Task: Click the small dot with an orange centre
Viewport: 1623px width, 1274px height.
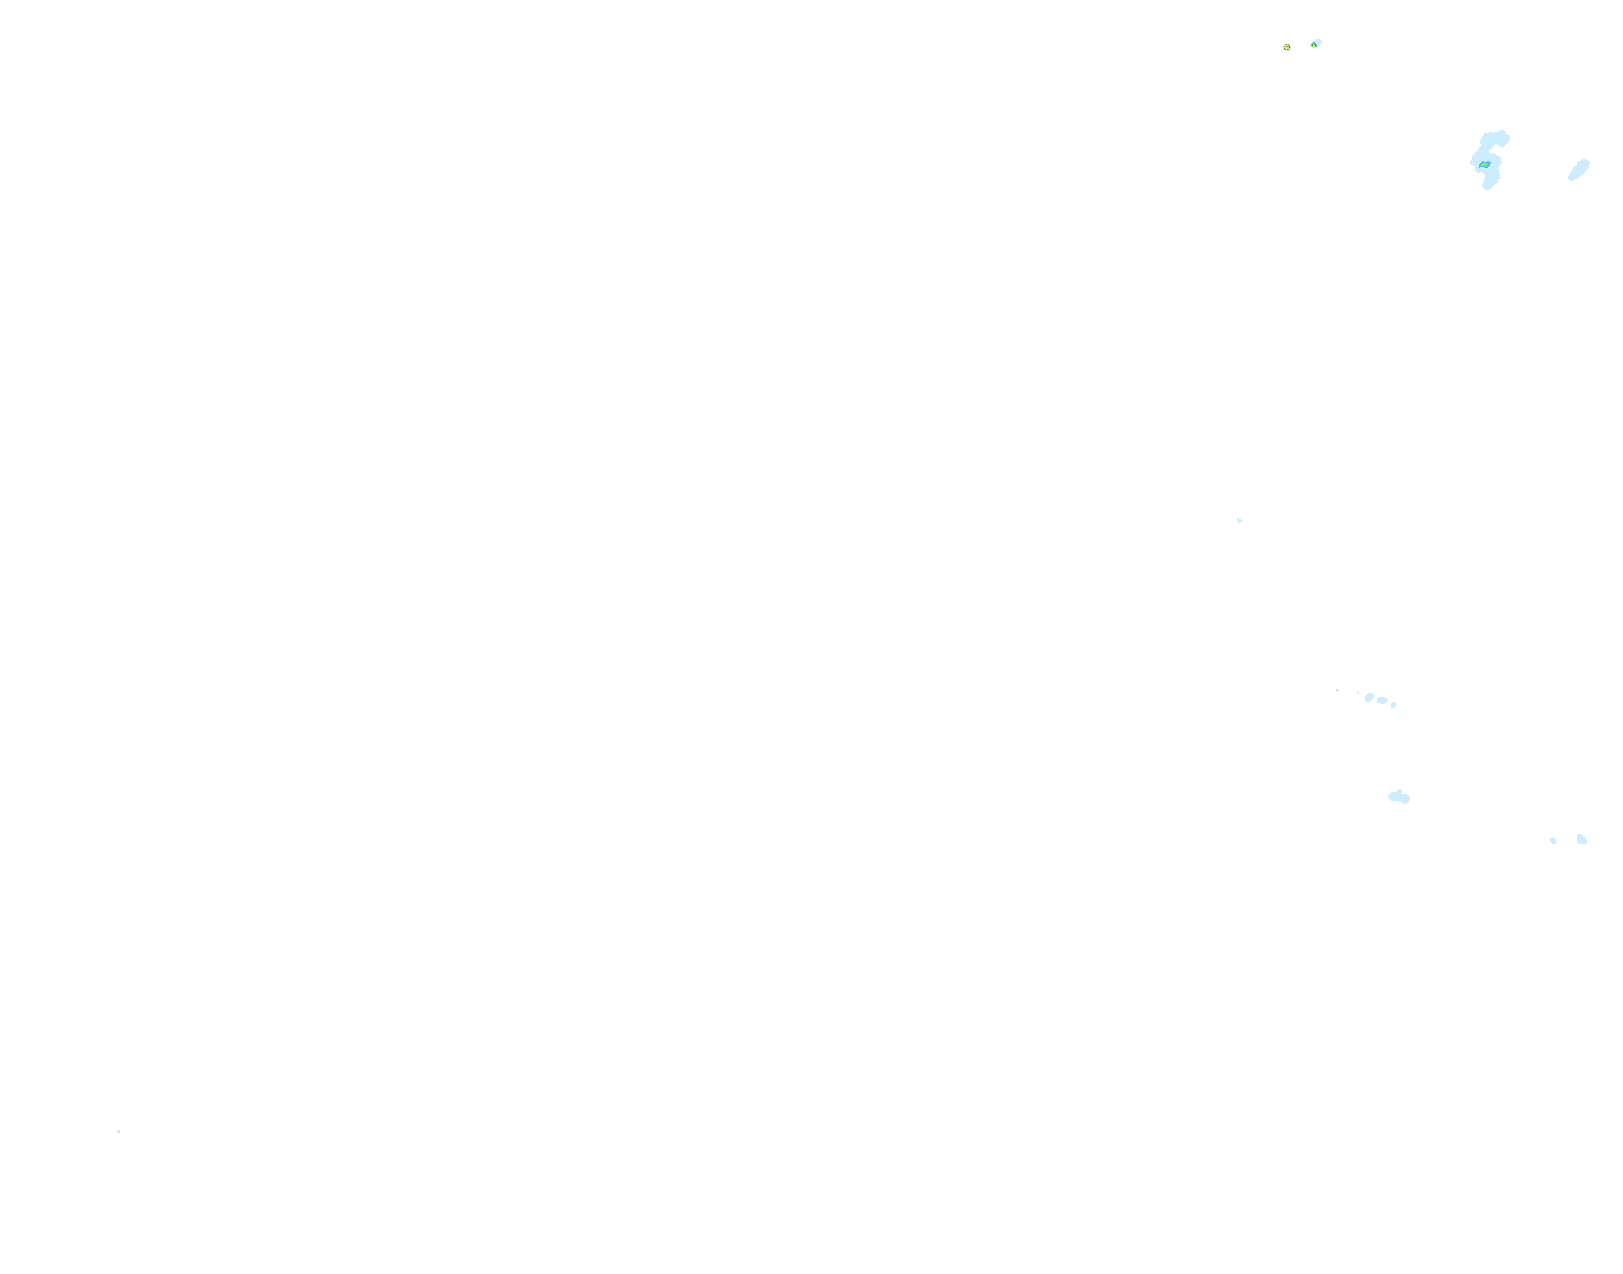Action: click(x=1287, y=47)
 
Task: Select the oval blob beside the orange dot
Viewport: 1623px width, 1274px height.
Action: click(x=1315, y=44)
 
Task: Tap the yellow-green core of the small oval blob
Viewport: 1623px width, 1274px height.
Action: click(x=1315, y=43)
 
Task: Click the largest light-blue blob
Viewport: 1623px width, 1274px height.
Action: click(x=1486, y=157)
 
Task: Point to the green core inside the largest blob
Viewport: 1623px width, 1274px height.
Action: click(x=1484, y=165)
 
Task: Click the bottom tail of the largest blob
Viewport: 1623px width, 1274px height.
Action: click(x=1488, y=183)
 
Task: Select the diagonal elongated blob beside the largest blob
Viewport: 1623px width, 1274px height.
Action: click(x=1579, y=169)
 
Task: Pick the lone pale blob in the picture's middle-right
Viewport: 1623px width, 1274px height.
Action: click(x=1239, y=521)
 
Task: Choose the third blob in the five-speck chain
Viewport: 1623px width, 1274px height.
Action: click(x=1369, y=697)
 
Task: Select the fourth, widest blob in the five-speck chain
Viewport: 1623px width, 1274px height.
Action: click(x=1382, y=700)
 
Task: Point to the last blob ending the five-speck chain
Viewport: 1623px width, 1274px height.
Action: click(x=1393, y=705)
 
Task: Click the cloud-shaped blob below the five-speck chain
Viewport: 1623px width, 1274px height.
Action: click(x=1398, y=795)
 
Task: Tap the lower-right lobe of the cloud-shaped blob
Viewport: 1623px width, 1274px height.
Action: click(x=1406, y=800)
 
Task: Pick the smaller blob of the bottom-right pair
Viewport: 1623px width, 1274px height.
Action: click(x=1553, y=840)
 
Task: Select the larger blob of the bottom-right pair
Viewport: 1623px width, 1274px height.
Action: click(x=1582, y=838)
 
